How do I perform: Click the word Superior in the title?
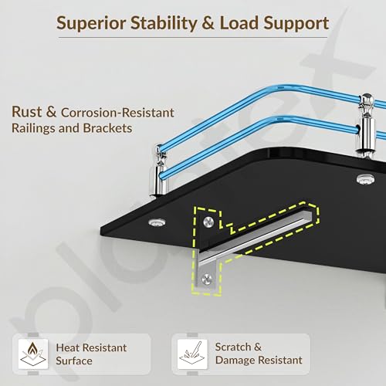pyautogui.click(x=91, y=23)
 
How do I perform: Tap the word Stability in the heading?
pyautogui.click(x=164, y=23)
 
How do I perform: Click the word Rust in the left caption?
pyautogui.click(x=27, y=112)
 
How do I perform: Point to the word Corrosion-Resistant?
pyautogui.click(x=117, y=113)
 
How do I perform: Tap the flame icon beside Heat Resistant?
pyautogui.click(x=33, y=354)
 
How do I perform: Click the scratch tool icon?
pyautogui.click(x=192, y=354)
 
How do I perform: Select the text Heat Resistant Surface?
pyautogui.click(x=91, y=354)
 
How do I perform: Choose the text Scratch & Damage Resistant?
pyautogui.click(x=259, y=354)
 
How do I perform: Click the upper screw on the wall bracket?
pyautogui.click(x=208, y=222)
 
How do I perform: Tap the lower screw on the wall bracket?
pyautogui.click(x=207, y=279)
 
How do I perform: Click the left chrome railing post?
pyautogui.click(x=160, y=171)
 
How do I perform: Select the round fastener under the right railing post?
pyautogui.click(x=366, y=179)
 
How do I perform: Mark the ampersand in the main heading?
pyautogui.click(x=208, y=23)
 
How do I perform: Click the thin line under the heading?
pyautogui.click(x=193, y=38)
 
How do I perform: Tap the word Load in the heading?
pyautogui.click(x=239, y=23)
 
